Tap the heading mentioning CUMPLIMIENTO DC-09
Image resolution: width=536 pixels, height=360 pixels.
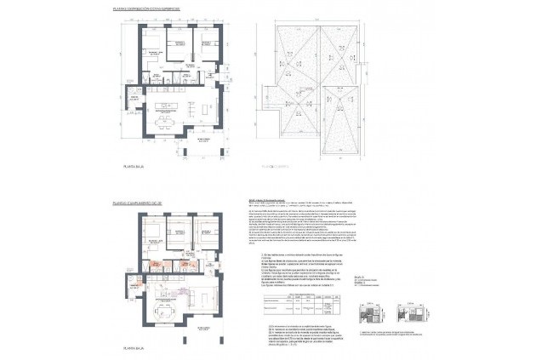[150, 204]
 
